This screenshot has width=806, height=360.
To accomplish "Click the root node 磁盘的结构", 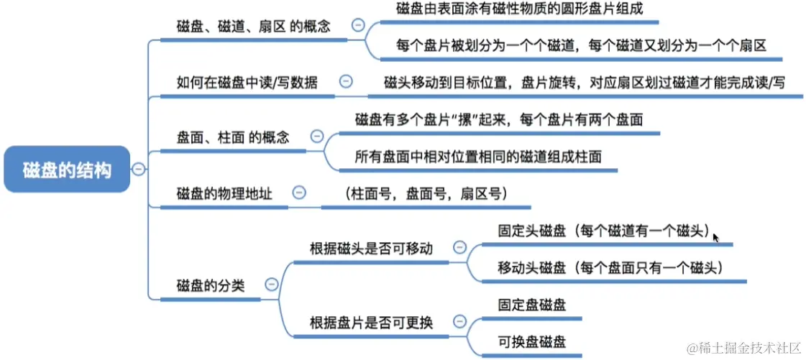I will [67, 170].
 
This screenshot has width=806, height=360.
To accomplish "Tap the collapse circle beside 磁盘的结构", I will [138, 170].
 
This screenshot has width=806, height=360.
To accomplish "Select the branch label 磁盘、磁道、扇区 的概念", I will [253, 27].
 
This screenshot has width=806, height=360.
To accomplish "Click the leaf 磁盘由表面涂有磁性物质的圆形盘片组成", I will [518, 9].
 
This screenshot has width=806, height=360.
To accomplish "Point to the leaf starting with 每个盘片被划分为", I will [581, 45].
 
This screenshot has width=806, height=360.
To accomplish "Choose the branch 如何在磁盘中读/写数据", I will [246, 81].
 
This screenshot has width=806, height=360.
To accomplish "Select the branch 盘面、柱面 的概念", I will [233, 137].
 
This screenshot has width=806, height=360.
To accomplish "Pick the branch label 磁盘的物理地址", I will [224, 193].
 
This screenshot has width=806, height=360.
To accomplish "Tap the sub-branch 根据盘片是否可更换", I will [371, 322].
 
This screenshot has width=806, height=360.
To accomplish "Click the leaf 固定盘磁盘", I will [531, 305].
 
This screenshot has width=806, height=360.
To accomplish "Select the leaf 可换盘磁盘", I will [531, 341].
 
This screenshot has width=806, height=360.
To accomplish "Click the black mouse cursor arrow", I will [715, 235].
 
